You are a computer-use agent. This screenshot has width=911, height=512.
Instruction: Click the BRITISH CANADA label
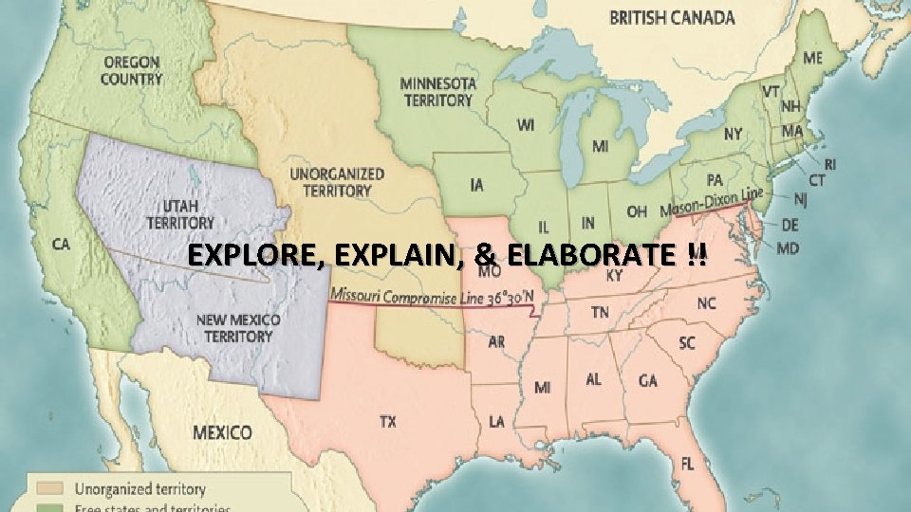click(671, 18)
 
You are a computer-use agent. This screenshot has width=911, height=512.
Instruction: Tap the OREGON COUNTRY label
click(131, 70)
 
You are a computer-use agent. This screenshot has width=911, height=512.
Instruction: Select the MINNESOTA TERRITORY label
click(437, 91)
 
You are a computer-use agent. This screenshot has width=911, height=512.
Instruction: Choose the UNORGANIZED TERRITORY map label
click(337, 182)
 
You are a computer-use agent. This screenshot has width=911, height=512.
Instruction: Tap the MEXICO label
click(222, 432)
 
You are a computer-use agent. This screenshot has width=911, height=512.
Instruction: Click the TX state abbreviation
click(387, 422)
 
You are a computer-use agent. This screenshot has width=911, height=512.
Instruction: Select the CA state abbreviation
click(60, 245)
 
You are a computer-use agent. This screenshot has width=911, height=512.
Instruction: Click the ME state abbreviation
click(812, 58)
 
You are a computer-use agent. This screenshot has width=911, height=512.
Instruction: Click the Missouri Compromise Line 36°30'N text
click(432, 298)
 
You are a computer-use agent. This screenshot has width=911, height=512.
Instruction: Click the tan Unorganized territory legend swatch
click(50, 489)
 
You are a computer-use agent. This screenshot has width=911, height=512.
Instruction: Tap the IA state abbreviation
click(476, 184)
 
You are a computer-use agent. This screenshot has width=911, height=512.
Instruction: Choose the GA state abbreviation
click(648, 380)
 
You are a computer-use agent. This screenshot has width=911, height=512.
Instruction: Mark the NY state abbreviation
click(733, 135)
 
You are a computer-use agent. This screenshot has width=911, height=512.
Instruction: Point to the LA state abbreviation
click(496, 421)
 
